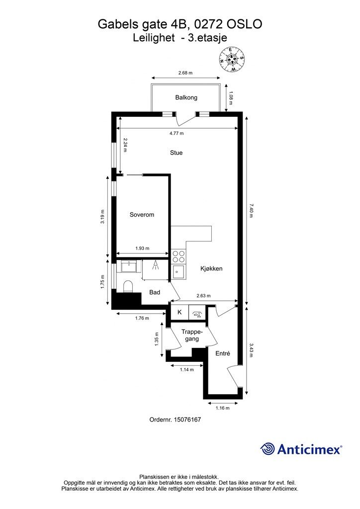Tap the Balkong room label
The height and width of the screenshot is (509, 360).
pos(186,97)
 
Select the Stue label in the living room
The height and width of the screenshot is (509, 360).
pos(176,153)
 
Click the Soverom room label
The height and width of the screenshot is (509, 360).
pos(142,215)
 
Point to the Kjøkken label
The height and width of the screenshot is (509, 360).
pos(211,268)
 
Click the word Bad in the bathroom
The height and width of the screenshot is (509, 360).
pos(155,292)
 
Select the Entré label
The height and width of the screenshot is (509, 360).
pos(223,353)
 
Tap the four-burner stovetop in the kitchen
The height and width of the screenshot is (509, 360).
pos(178,256)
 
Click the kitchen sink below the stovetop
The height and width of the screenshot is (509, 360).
pos(179,271)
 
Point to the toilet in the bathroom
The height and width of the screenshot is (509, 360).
pos(128,286)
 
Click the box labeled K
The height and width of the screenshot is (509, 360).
pos(180,312)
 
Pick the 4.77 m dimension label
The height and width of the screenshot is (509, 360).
pos(177,133)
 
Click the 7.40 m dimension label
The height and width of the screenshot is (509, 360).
pos(251,211)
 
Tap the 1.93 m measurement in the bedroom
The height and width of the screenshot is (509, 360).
pos(142,249)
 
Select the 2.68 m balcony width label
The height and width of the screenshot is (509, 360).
pos(185,73)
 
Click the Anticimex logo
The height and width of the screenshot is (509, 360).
pos(301,449)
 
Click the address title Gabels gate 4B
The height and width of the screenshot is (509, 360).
pos(142,24)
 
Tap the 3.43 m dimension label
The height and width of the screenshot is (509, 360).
pos(251,350)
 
